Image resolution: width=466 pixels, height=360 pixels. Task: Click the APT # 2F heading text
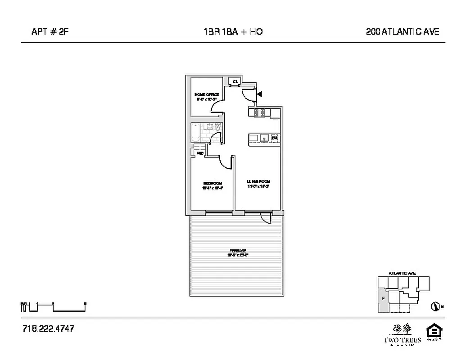coord(50,31)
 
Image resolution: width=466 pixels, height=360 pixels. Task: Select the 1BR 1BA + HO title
coord(233,31)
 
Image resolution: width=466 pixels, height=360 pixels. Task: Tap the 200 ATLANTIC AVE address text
coord(403,31)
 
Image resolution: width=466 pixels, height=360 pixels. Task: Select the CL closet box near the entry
coord(235,81)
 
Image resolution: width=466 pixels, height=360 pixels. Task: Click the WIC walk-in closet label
coord(200,153)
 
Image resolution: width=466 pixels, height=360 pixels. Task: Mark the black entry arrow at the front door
coord(259,94)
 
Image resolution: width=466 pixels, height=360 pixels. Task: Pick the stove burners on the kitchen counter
coord(258,113)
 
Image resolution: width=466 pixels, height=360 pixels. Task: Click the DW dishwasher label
coord(273,138)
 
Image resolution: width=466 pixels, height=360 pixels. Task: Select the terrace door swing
coord(266,218)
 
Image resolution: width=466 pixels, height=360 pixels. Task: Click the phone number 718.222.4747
coord(48,328)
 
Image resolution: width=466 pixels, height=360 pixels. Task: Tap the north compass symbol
coord(435,306)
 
